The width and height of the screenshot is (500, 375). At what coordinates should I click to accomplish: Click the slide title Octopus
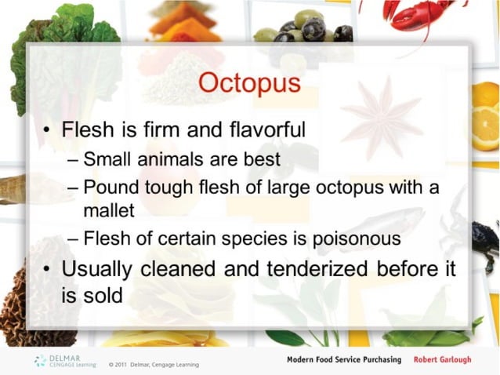(x=249, y=84)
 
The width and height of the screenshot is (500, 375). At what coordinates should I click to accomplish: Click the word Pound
(x=108, y=188)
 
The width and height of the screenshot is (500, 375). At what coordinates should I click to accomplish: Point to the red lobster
(x=423, y=14)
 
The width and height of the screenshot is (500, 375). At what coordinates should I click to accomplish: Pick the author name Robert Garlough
(x=443, y=359)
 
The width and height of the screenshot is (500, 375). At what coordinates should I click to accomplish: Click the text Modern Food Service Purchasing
(x=343, y=359)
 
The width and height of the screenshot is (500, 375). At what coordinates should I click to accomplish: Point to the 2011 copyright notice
(x=154, y=364)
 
